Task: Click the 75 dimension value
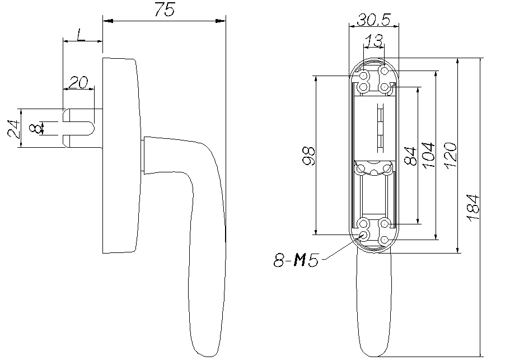click(165, 10)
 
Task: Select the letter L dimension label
click(79, 34)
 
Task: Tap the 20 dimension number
click(78, 83)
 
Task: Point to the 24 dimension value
click(13, 129)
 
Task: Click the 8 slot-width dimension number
click(35, 128)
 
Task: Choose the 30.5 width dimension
click(373, 20)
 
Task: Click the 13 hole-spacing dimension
click(373, 41)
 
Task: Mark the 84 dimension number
click(410, 156)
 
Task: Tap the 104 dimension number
click(428, 155)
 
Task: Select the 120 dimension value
click(451, 155)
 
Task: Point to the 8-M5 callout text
click(296, 260)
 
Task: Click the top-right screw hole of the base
click(385, 71)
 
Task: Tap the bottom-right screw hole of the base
click(385, 240)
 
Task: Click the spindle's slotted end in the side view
click(67, 128)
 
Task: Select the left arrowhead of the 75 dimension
click(107, 21)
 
